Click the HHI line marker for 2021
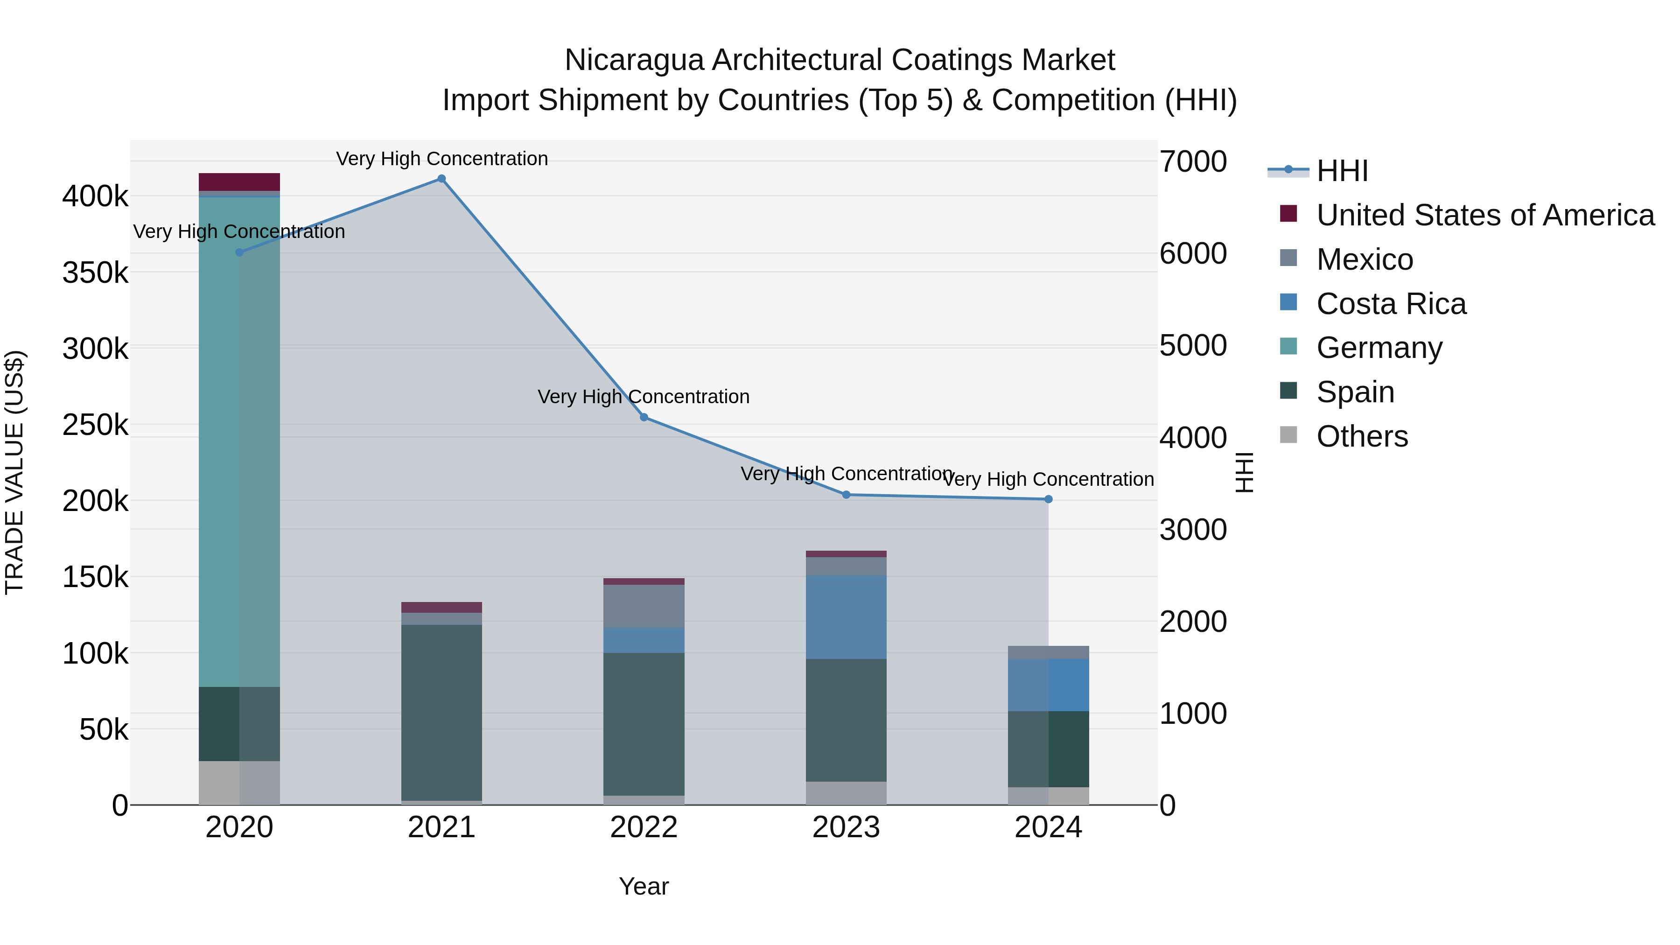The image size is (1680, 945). click(441, 179)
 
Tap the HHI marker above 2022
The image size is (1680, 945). click(644, 417)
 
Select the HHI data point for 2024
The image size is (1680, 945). click(1048, 499)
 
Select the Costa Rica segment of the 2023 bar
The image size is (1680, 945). click(846, 617)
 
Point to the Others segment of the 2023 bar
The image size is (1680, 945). click(846, 793)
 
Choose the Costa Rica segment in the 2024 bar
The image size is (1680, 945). click(1048, 685)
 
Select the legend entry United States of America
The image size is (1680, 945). click(1484, 215)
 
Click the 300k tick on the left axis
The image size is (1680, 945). click(95, 349)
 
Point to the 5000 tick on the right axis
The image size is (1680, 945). click(1193, 346)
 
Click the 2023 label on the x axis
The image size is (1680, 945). click(846, 827)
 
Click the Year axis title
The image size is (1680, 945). click(644, 886)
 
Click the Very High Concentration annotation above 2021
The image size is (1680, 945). click(441, 159)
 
